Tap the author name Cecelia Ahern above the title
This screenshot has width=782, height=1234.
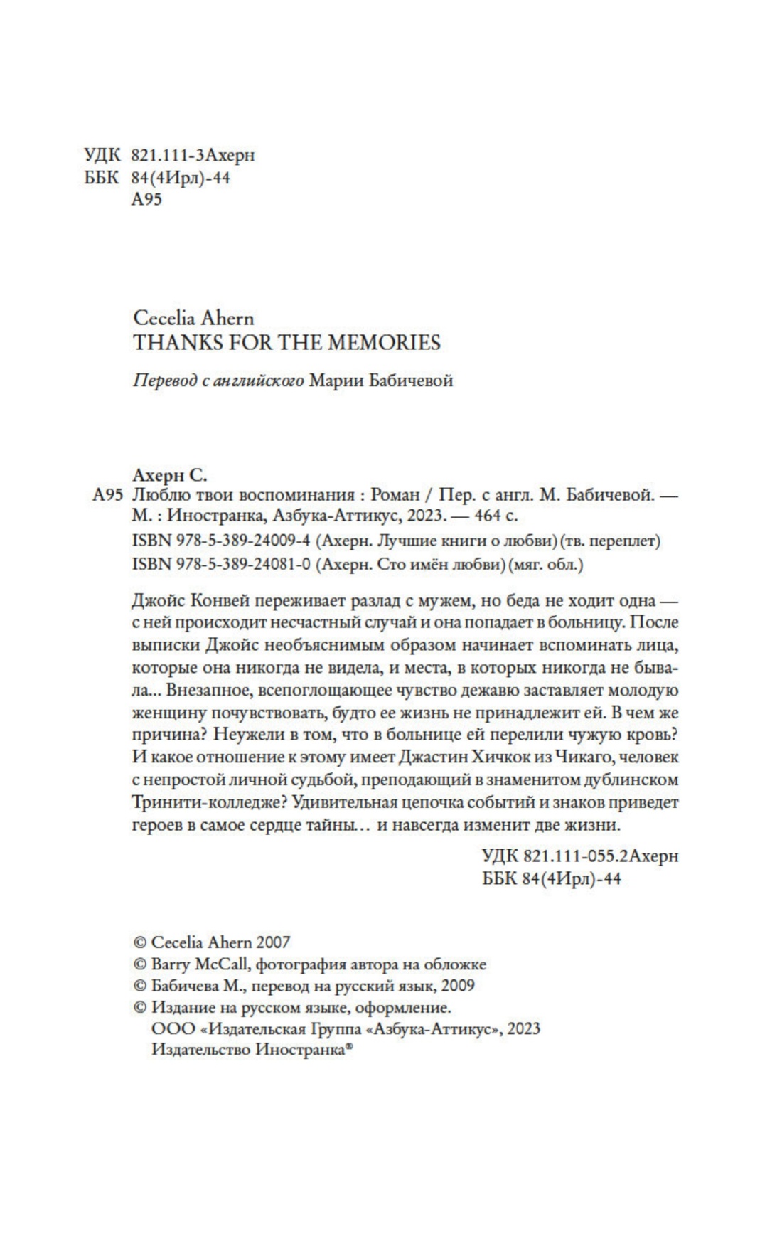[193, 318]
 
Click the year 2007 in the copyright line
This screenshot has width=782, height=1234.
[273, 942]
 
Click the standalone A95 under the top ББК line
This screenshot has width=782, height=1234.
[147, 199]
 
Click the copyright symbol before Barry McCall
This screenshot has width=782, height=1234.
[140, 965]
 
